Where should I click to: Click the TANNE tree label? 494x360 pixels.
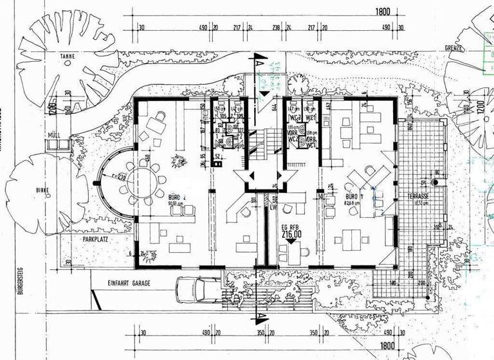pos(68,57)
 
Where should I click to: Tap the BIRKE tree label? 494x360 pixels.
pos(43,191)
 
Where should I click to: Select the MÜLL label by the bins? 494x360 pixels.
pos(53,136)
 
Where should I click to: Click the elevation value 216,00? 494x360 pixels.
pos(291,236)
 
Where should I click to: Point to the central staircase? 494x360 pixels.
pos(260,145)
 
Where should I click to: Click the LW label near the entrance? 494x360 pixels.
pos(274,208)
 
